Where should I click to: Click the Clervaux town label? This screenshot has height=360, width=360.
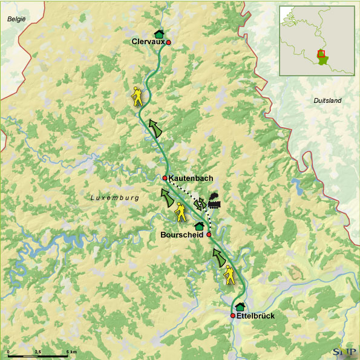[148, 42]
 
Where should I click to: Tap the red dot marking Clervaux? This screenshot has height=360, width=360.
[169, 42]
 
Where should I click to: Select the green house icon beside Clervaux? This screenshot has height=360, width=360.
[159, 33]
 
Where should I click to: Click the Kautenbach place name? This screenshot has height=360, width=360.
[191, 178]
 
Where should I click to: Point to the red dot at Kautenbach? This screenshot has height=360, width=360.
[165, 178]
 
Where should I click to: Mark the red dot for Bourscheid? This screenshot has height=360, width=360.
[209, 234]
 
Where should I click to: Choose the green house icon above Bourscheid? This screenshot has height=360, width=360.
[198, 226]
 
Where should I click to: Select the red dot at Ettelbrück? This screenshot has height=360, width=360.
[233, 316]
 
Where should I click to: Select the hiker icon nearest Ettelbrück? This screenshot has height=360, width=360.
[229, 275]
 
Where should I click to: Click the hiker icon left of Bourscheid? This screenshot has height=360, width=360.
[180, 212]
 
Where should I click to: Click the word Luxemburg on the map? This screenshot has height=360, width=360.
[115, 198]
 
